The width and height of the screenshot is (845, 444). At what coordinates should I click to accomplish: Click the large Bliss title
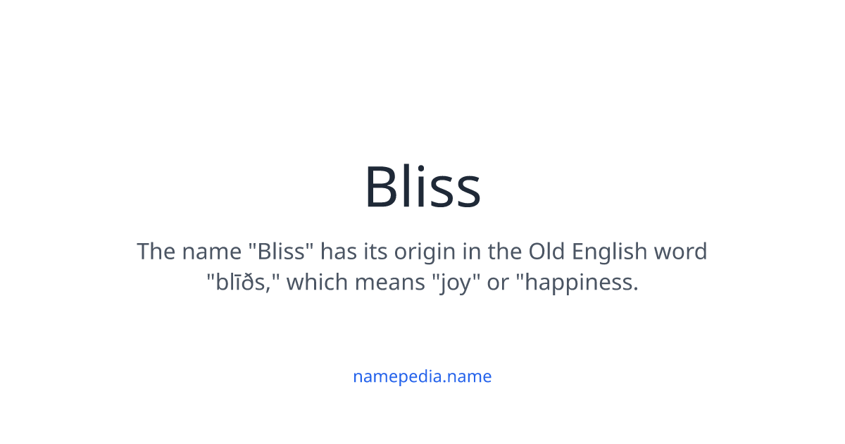(423, 187)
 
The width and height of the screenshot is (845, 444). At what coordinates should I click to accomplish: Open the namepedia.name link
(423, 376)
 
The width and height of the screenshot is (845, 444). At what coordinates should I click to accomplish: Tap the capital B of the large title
(382, 187)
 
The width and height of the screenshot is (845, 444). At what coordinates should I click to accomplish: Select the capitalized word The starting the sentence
(156, 252)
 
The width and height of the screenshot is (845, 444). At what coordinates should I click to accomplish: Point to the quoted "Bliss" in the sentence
(281, 252)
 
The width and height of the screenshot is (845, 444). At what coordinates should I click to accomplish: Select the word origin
(427, 252)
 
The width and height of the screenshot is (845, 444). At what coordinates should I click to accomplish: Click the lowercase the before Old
(505, 252)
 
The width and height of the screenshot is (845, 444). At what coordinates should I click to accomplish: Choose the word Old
(547, 252)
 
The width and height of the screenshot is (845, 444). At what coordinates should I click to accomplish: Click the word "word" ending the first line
(679, 252)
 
